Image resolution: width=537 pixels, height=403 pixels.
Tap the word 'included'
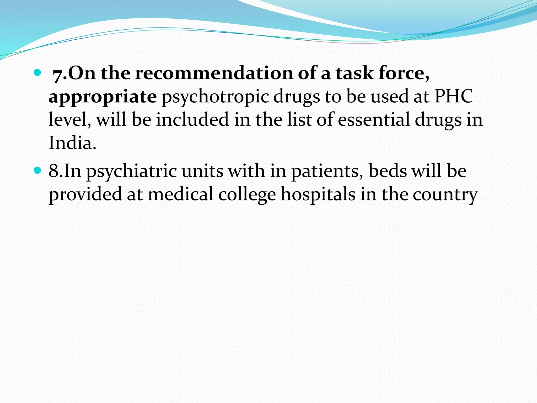click(192, 120)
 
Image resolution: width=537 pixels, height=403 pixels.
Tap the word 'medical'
click(181, 195)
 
